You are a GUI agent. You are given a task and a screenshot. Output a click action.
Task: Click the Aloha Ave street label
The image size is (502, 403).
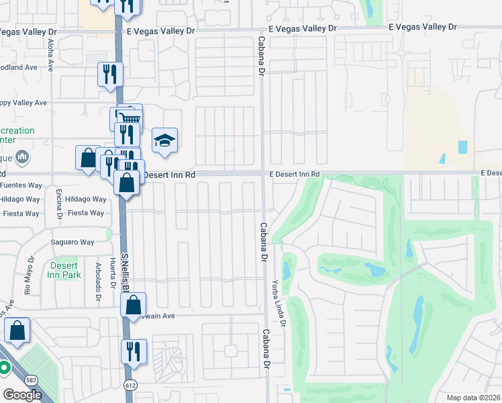(x=51, y=53)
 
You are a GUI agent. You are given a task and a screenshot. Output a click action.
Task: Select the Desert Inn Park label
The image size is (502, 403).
(x=65, y=270)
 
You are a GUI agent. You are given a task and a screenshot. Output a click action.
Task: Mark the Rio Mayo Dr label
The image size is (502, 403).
(x=29, y=275)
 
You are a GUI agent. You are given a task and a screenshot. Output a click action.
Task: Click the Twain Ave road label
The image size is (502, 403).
(x=158, y=315)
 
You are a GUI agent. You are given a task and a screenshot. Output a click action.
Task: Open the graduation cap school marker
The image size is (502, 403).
(x=164, y=140)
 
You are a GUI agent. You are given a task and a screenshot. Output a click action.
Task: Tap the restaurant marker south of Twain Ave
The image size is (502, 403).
(x=134, y=351)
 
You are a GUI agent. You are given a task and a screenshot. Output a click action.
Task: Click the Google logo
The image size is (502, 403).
(x=21, y=394)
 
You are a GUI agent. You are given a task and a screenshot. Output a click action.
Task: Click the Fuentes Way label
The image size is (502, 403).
(x=21, y=185)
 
